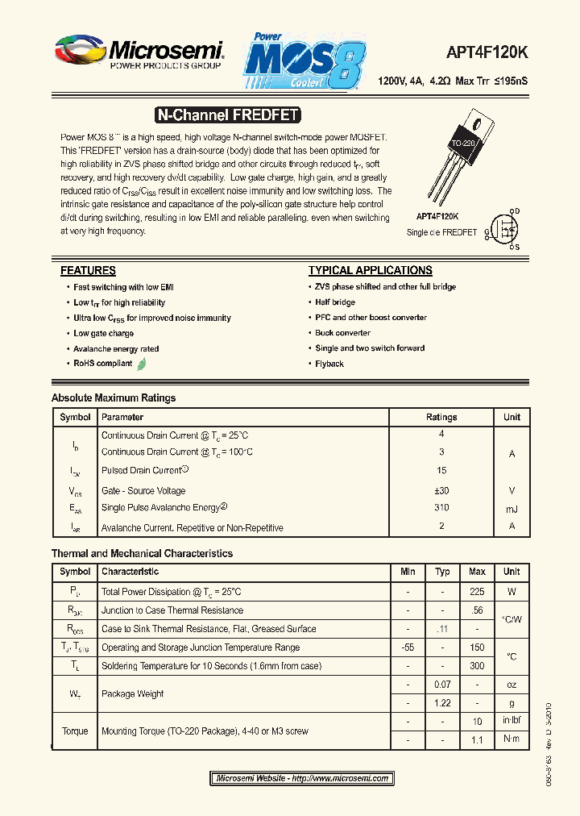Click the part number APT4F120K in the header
tap(487, 52)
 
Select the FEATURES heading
tap(88, 271)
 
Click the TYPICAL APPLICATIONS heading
tap(370, 271)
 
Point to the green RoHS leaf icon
tap(142, 364)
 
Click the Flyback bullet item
tap(329, 364)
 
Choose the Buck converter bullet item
tap(342, 333)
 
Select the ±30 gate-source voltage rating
tap(441, 490)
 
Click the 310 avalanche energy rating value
tap(441, 508)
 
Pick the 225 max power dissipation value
tap(477, 592)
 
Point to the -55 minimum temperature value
tap(408, 647)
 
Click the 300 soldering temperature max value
tap(477, 666)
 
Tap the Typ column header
tap(442, 572)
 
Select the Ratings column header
tap(441, 418)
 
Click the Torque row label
tap(75, 731)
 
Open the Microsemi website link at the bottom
tap(303, 778)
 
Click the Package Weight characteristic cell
tap(133, 693)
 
